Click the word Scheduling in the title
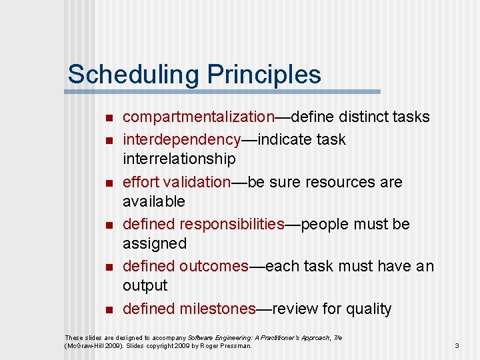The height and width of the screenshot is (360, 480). [x=124, y=75]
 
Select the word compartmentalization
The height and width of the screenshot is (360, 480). [x=199, y=117]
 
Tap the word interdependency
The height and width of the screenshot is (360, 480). [x=181, y=140]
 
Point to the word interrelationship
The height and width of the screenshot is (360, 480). [x=179, y=159]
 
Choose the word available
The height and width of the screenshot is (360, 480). [x=154, y=201]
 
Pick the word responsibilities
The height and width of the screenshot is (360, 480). [x=231, y=224]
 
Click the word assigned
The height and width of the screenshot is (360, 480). [x=155, y=244]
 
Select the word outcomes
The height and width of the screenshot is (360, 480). [x=213, y=266]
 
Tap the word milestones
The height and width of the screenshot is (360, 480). [x=217, y=309]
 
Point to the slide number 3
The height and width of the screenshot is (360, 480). [x=457, y=345]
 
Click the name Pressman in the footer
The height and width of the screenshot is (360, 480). [x=237, y=346]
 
